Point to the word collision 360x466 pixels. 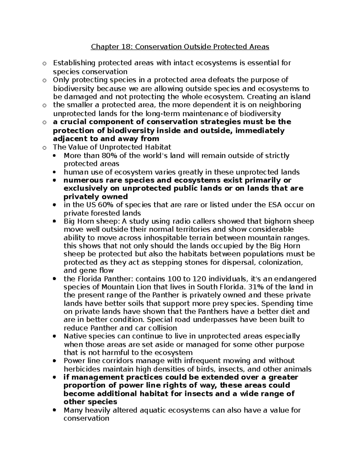coord(162,328)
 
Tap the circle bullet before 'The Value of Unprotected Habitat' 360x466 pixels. coord(44,147)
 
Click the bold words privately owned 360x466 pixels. coord(95,197)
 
